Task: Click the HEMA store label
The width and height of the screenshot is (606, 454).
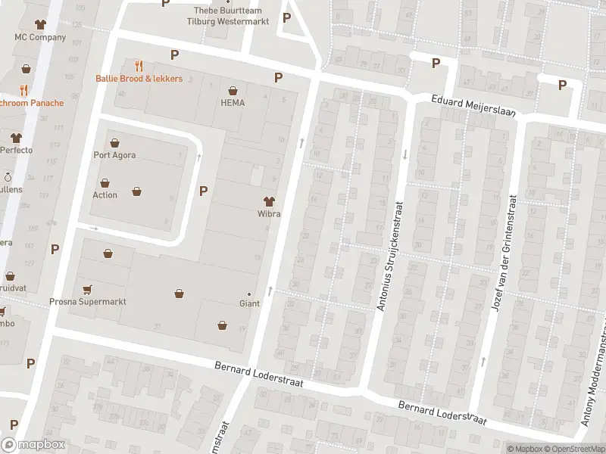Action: point(233,103)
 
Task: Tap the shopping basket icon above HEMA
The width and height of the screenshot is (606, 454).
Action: point(233,89)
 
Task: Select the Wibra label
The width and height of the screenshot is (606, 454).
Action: point(269,214)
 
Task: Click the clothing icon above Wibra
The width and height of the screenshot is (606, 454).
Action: point(269,201)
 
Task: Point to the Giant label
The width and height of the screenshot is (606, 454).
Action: point(249,303)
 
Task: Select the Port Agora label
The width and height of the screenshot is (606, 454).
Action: point(114,156)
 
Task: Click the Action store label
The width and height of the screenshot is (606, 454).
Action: point(105,195)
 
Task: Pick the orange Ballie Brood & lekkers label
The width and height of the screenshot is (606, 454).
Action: point(139,79)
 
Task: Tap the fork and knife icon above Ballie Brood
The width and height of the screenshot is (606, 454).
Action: point(139,66)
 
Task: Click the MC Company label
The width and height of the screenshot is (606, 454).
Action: point(40,37)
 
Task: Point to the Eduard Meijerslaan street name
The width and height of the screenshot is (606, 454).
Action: point(473,105)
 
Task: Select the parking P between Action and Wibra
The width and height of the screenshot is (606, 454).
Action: point(203,191)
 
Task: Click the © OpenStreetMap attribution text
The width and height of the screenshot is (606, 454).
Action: point(572,449)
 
